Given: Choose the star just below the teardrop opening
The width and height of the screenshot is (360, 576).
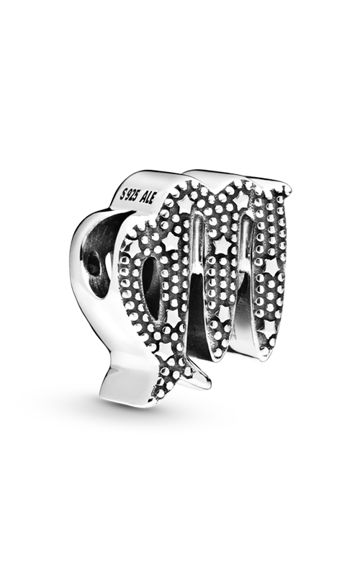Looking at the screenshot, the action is click(x=171, y=314).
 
